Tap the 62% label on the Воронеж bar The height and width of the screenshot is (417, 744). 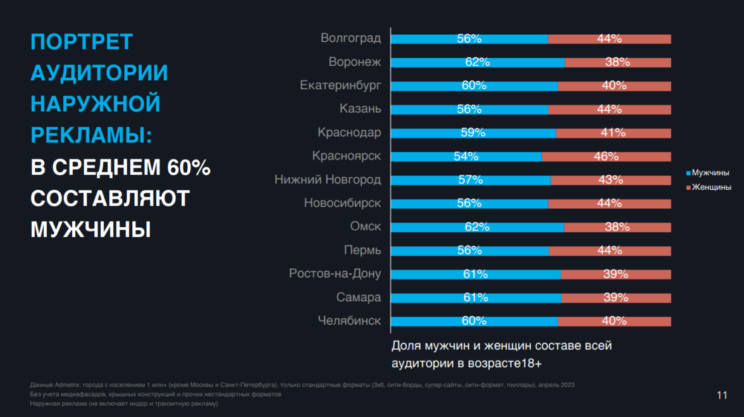[477, 62]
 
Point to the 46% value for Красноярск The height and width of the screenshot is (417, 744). [606, 156]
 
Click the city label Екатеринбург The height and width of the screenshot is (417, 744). [340, 85]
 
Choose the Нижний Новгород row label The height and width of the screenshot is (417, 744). [328, 180]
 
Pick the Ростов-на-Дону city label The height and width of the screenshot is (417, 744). [335, 274]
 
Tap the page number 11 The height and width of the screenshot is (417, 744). [722, 395]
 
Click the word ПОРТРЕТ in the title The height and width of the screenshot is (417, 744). [82, 42]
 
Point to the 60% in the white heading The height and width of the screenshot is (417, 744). [189, 167]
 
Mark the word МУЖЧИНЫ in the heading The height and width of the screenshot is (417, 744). [90, 229]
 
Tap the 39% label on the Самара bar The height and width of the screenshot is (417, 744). [615, 297]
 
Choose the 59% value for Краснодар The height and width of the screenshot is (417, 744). [473, 133]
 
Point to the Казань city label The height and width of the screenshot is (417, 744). [361, 109]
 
